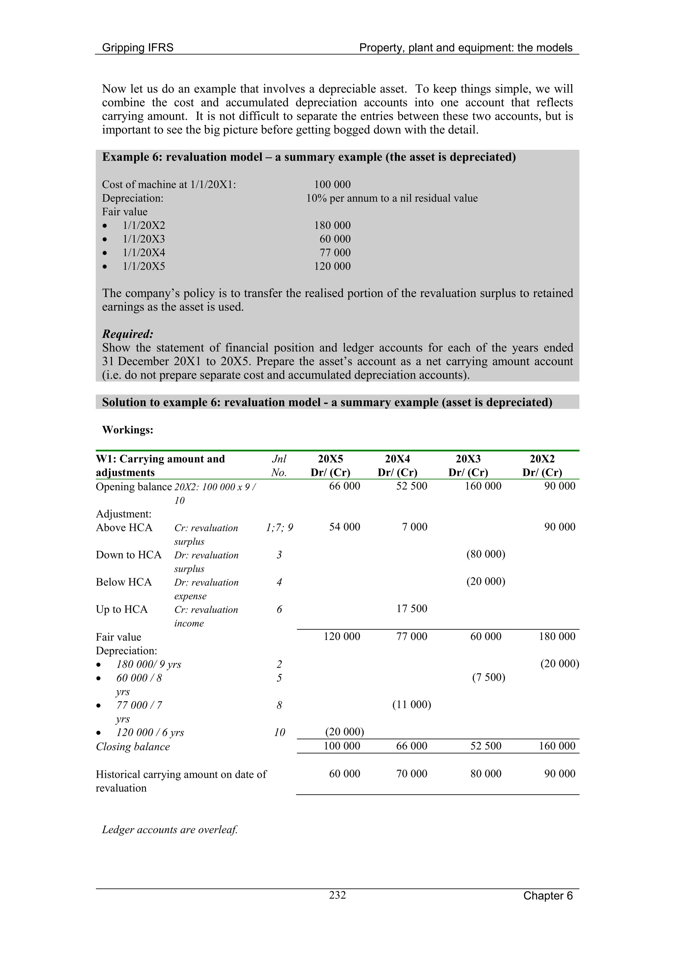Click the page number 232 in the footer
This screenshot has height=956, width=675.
click(337, 895)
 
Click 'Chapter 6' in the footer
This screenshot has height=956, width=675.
click(548, 896)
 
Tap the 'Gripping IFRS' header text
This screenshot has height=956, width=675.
click(138, 48)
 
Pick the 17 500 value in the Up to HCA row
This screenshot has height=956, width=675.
click(411, 609)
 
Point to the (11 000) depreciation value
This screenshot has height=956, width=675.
click(411, 705)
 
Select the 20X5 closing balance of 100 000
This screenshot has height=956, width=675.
click(342, 746)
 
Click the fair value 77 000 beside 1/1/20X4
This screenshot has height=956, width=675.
click(335, 253)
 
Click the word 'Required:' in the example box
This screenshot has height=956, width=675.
click(128, 334)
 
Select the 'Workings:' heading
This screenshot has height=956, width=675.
click(128, 430)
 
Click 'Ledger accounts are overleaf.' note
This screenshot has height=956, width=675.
click(170, 829)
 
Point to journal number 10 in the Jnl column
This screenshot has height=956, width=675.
click(279, 732)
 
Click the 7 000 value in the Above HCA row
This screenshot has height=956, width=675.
click(414, 527)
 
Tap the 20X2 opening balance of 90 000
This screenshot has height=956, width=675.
click(559, 486)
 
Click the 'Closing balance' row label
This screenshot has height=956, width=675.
click(133, 746)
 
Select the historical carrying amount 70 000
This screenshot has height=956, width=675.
click(411, 774)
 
